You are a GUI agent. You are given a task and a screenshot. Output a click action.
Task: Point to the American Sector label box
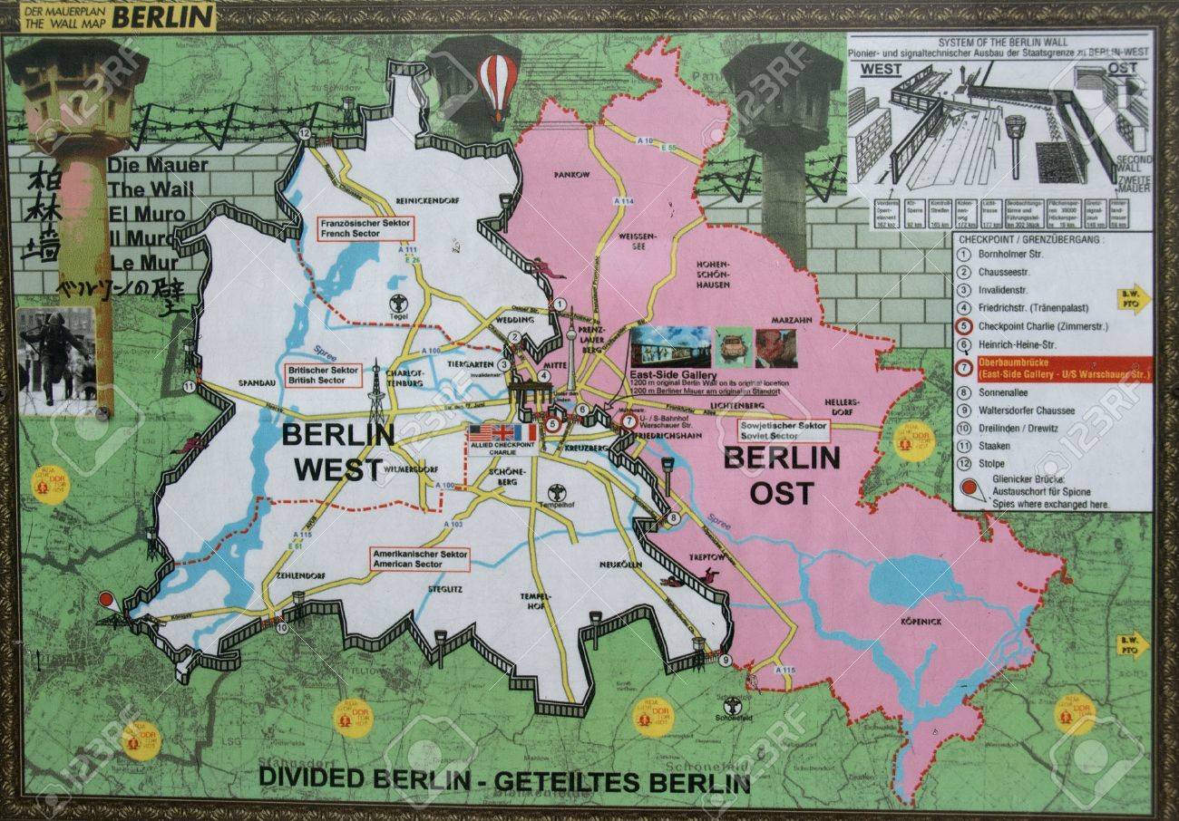coord(419,559)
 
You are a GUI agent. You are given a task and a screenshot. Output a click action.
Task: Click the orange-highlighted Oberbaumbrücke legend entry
coord(1052,369)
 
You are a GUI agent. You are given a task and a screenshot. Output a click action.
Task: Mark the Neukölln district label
coord(620,565)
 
